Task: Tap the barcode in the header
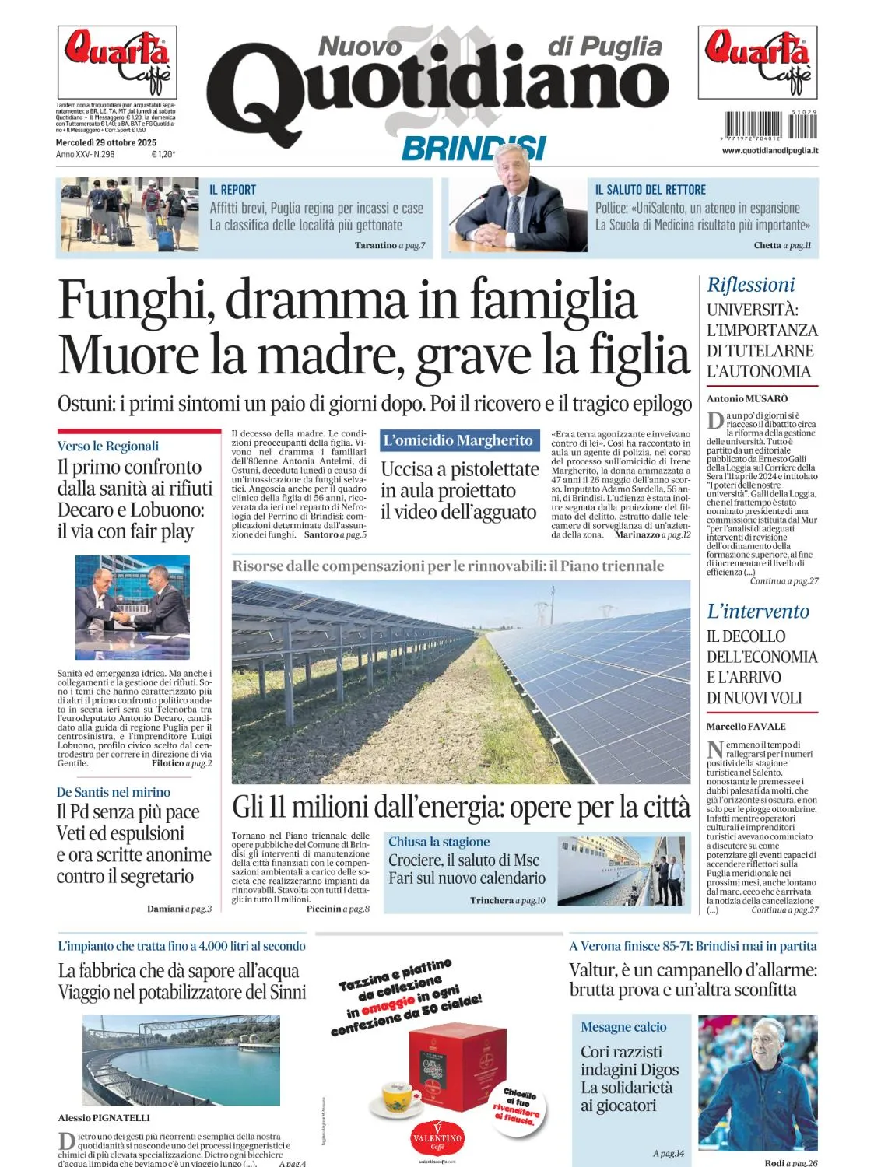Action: point(770,125)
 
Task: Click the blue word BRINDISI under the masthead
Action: point(473,148)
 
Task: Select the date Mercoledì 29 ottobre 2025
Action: point(106,142)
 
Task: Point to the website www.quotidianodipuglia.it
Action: point(770,150)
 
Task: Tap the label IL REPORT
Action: point(232,190)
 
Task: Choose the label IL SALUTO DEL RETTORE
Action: point(650,190)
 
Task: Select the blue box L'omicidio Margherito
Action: point(458,440)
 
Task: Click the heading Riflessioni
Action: point(750,286)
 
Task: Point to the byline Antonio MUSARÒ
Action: point(746,398)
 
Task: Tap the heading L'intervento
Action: point(757,612)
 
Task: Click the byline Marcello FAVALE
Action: point(746,727)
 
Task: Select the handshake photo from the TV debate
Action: point(132,607)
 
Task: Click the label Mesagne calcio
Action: point(623,1027)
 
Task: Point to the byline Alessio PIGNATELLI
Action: point(104,1118)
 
